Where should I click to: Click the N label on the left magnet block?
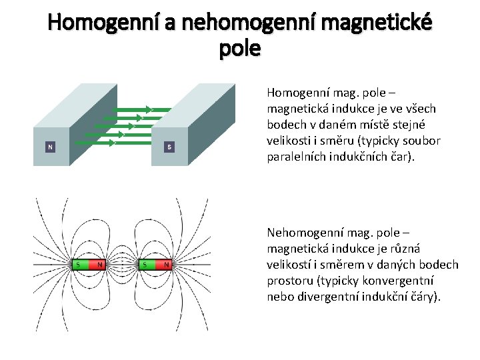pos(50,146)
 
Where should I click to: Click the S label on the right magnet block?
pos(169,146)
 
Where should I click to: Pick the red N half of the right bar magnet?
pos(165,265)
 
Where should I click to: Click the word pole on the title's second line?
pos(239,49)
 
